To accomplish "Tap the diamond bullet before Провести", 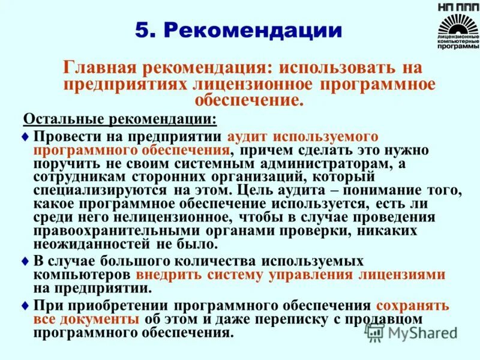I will tap(25, 137).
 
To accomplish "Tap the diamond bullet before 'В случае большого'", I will tap(25, 262).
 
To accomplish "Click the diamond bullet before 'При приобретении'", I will tap(25, 305).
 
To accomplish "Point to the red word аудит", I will tap(248, 137).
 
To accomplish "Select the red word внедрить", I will tap(167, 275).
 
